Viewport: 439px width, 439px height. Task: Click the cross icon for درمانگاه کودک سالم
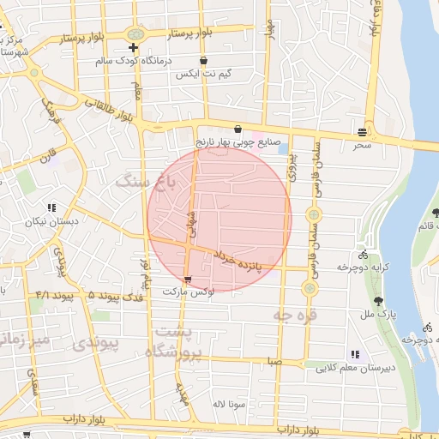click(133, 46)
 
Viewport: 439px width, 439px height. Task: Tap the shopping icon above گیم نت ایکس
click(203, 61)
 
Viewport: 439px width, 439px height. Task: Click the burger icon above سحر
click(364, 133)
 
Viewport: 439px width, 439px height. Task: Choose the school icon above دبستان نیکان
click(52, 207)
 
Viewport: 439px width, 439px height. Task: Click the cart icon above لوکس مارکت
click(188, 279)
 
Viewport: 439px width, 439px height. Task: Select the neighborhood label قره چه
click(295, 316)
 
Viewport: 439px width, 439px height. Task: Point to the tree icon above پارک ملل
click(378, 300)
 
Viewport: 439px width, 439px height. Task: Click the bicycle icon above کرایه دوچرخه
click(364, 254)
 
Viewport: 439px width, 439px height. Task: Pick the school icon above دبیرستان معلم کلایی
click(354, 354)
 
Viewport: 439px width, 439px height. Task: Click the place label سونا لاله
click(232, 402)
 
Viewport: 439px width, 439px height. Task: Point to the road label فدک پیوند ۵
click(116, 295)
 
